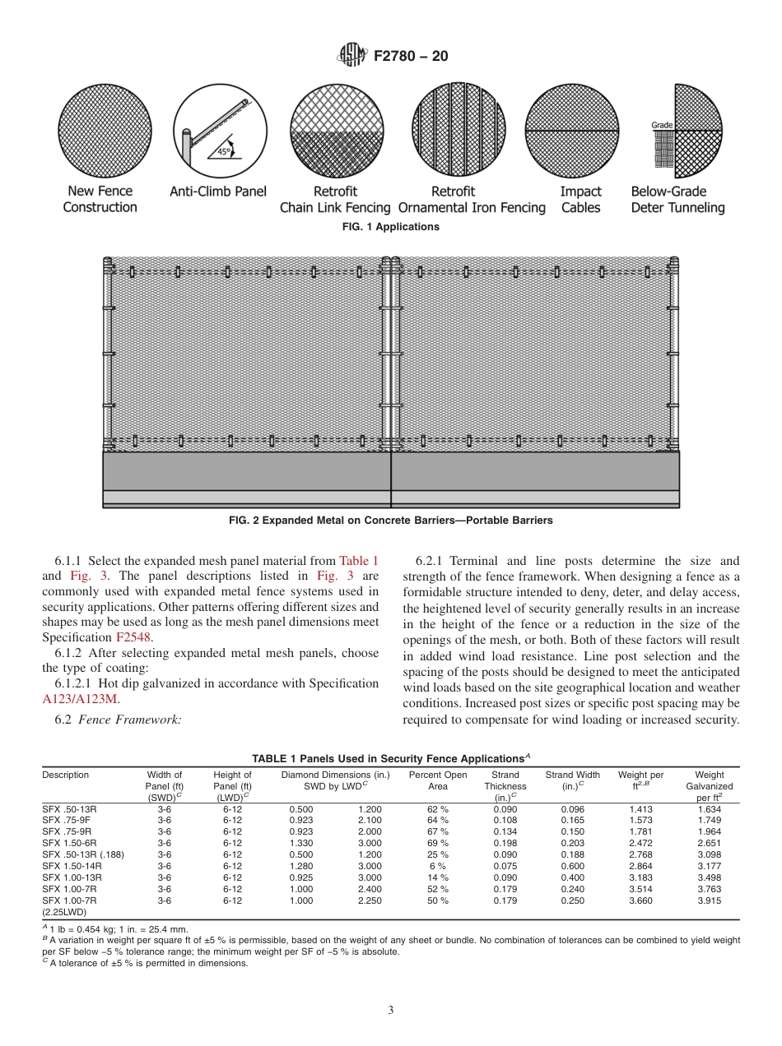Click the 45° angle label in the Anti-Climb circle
click(223, 152)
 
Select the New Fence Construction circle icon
click(100, 131)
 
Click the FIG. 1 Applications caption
click(391, 227)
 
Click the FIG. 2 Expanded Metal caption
click(391, 521)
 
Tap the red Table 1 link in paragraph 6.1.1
click(359, 561)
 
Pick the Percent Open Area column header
click(438, 780)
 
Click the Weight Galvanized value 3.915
click(709, 900)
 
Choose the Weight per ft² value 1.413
click(640, 809)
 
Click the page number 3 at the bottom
click(391, 1011)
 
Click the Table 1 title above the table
click(391, 758)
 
